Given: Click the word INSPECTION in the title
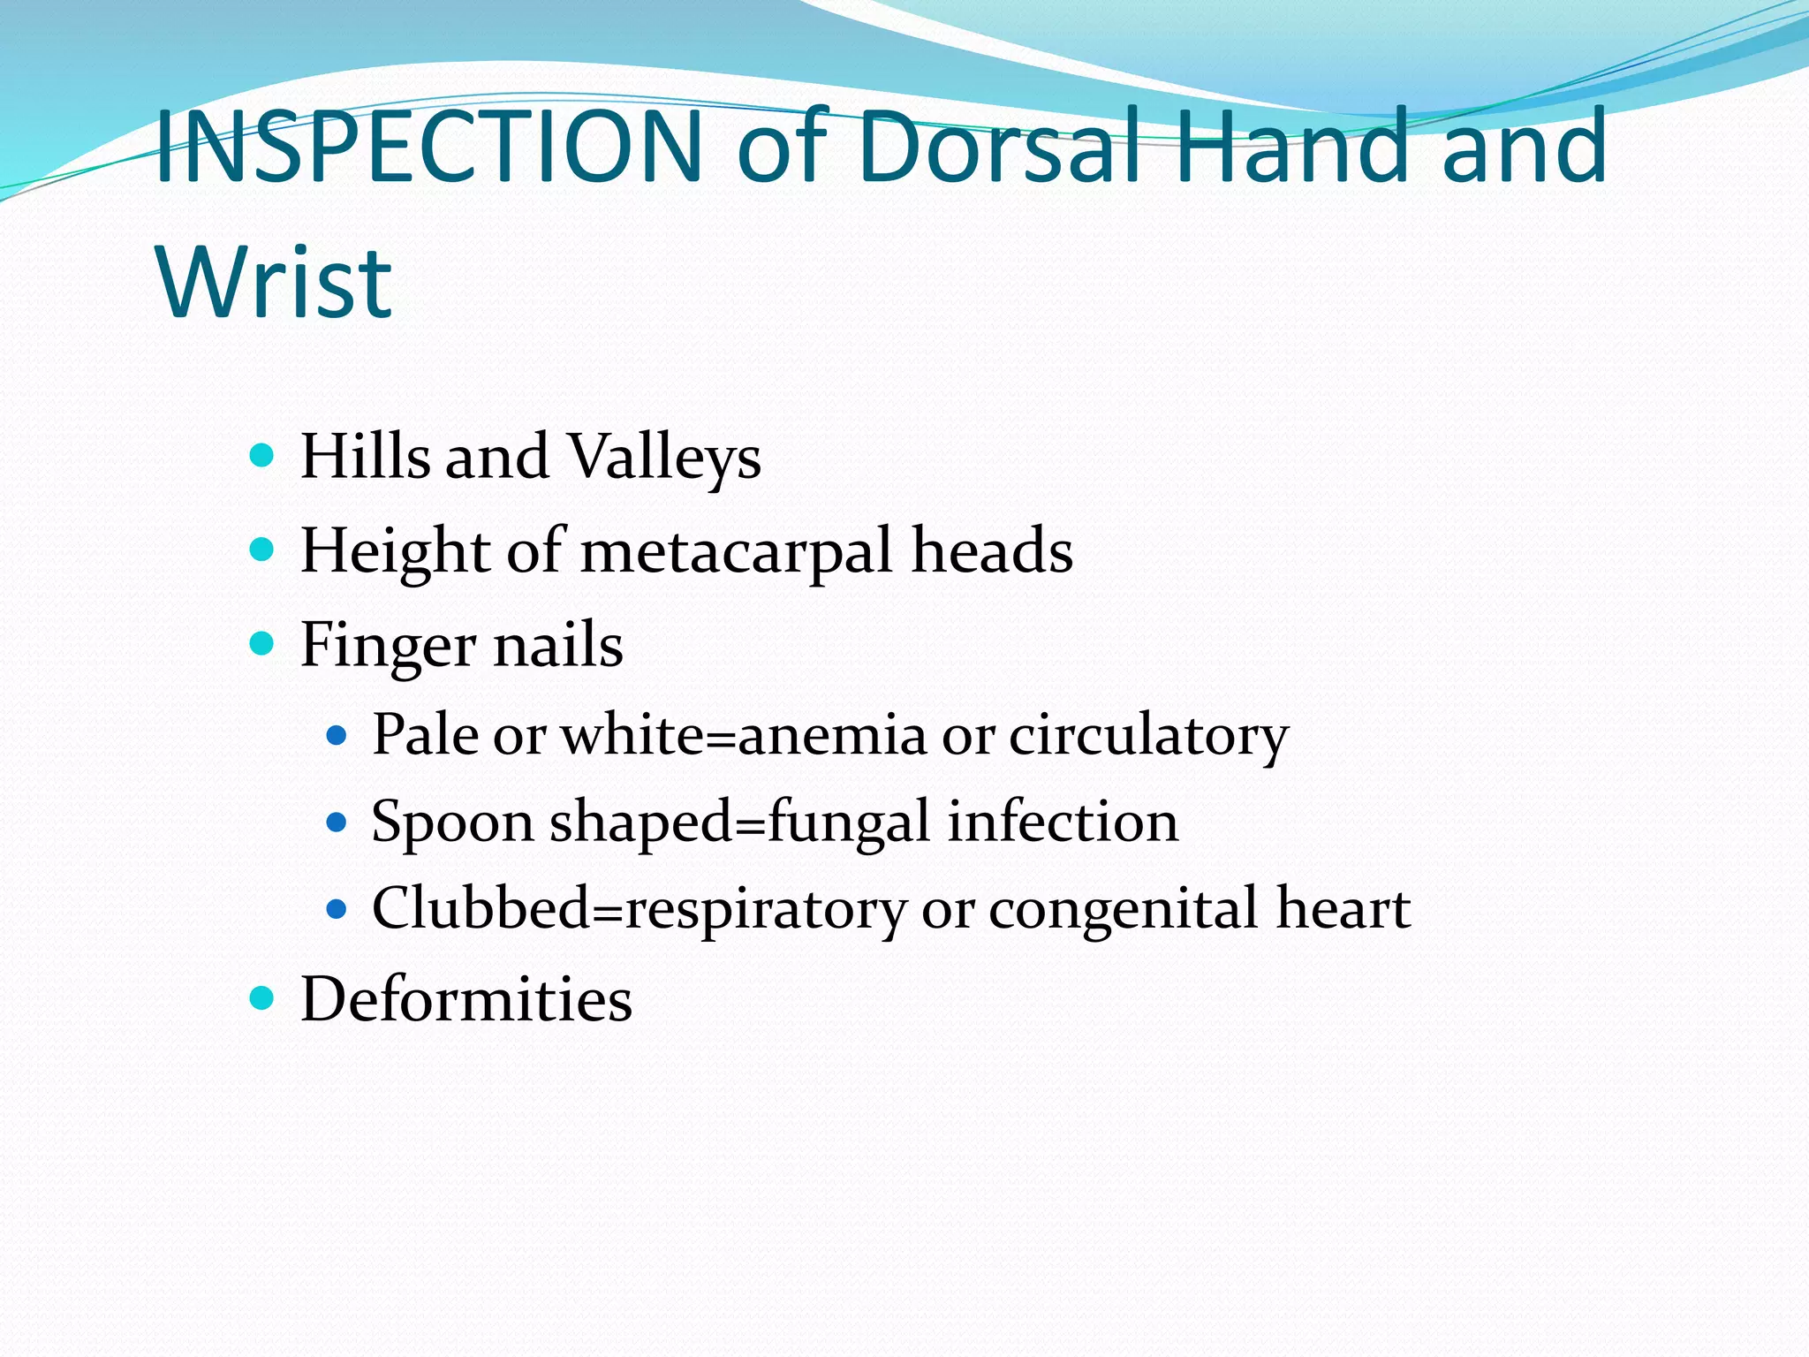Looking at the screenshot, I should [429, 147].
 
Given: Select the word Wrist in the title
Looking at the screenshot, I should [274, 283].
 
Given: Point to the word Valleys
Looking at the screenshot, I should [663, 458].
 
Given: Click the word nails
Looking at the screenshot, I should [557, 645].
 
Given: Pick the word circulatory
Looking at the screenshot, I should [1148, 735].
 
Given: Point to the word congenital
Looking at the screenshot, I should [1123, 910].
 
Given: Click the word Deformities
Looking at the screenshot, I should [466, 1000].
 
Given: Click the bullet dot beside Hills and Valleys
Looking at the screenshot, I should [262, 457].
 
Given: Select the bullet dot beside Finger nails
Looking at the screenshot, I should [262, 643].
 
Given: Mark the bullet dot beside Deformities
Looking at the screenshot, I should [262, 999].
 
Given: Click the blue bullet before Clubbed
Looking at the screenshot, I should [337, 909].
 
